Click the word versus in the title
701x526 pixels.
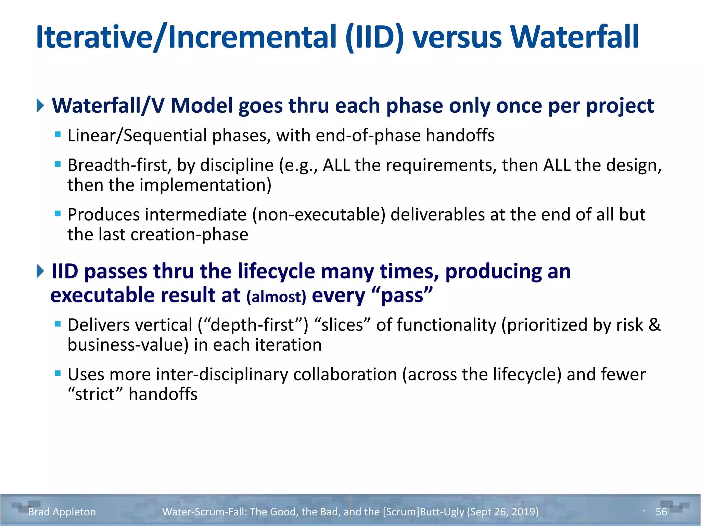tap(457, 38)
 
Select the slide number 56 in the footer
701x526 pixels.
tap(661, 512)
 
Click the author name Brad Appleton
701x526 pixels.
tap(62, 512)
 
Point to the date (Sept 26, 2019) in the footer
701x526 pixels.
tap(502, 512)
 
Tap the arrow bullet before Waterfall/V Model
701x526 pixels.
tap(40, 105)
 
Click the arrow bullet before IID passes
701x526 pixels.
tap(40, 271)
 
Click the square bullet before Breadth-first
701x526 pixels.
tap(58, 164)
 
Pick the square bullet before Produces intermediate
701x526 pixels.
tap(58, 214)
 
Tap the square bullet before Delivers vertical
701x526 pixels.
tap(58, 324)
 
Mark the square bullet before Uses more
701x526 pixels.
tap(58, 373)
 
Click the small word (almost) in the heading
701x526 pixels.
tap(276, 297)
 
